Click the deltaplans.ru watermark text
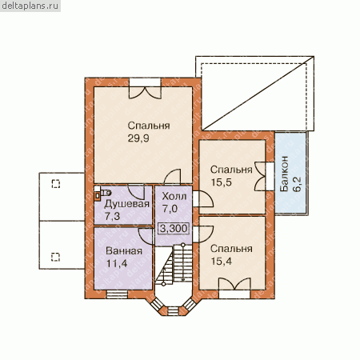[x=30, y=6]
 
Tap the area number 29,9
[x=138, y=138]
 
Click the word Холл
[x=174, y=197]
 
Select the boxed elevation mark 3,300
[x=174, y=229]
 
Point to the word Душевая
[x=126, y=204]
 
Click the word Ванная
[x=124, y=251]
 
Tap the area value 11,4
[x=117, y=264]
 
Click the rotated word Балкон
[x=284, y=174]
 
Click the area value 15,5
[x=222, y=182]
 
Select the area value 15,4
[x=222, y=262]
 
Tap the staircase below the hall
[x=174, y=265]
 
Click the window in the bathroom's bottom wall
[x=117, y=294]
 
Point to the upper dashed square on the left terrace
[x=56, y=184]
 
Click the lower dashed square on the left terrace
[x=55, y=257]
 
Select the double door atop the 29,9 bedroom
[x=146, y=89]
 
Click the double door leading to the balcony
[x=264, y=176]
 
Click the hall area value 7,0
[x=170, y=209]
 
